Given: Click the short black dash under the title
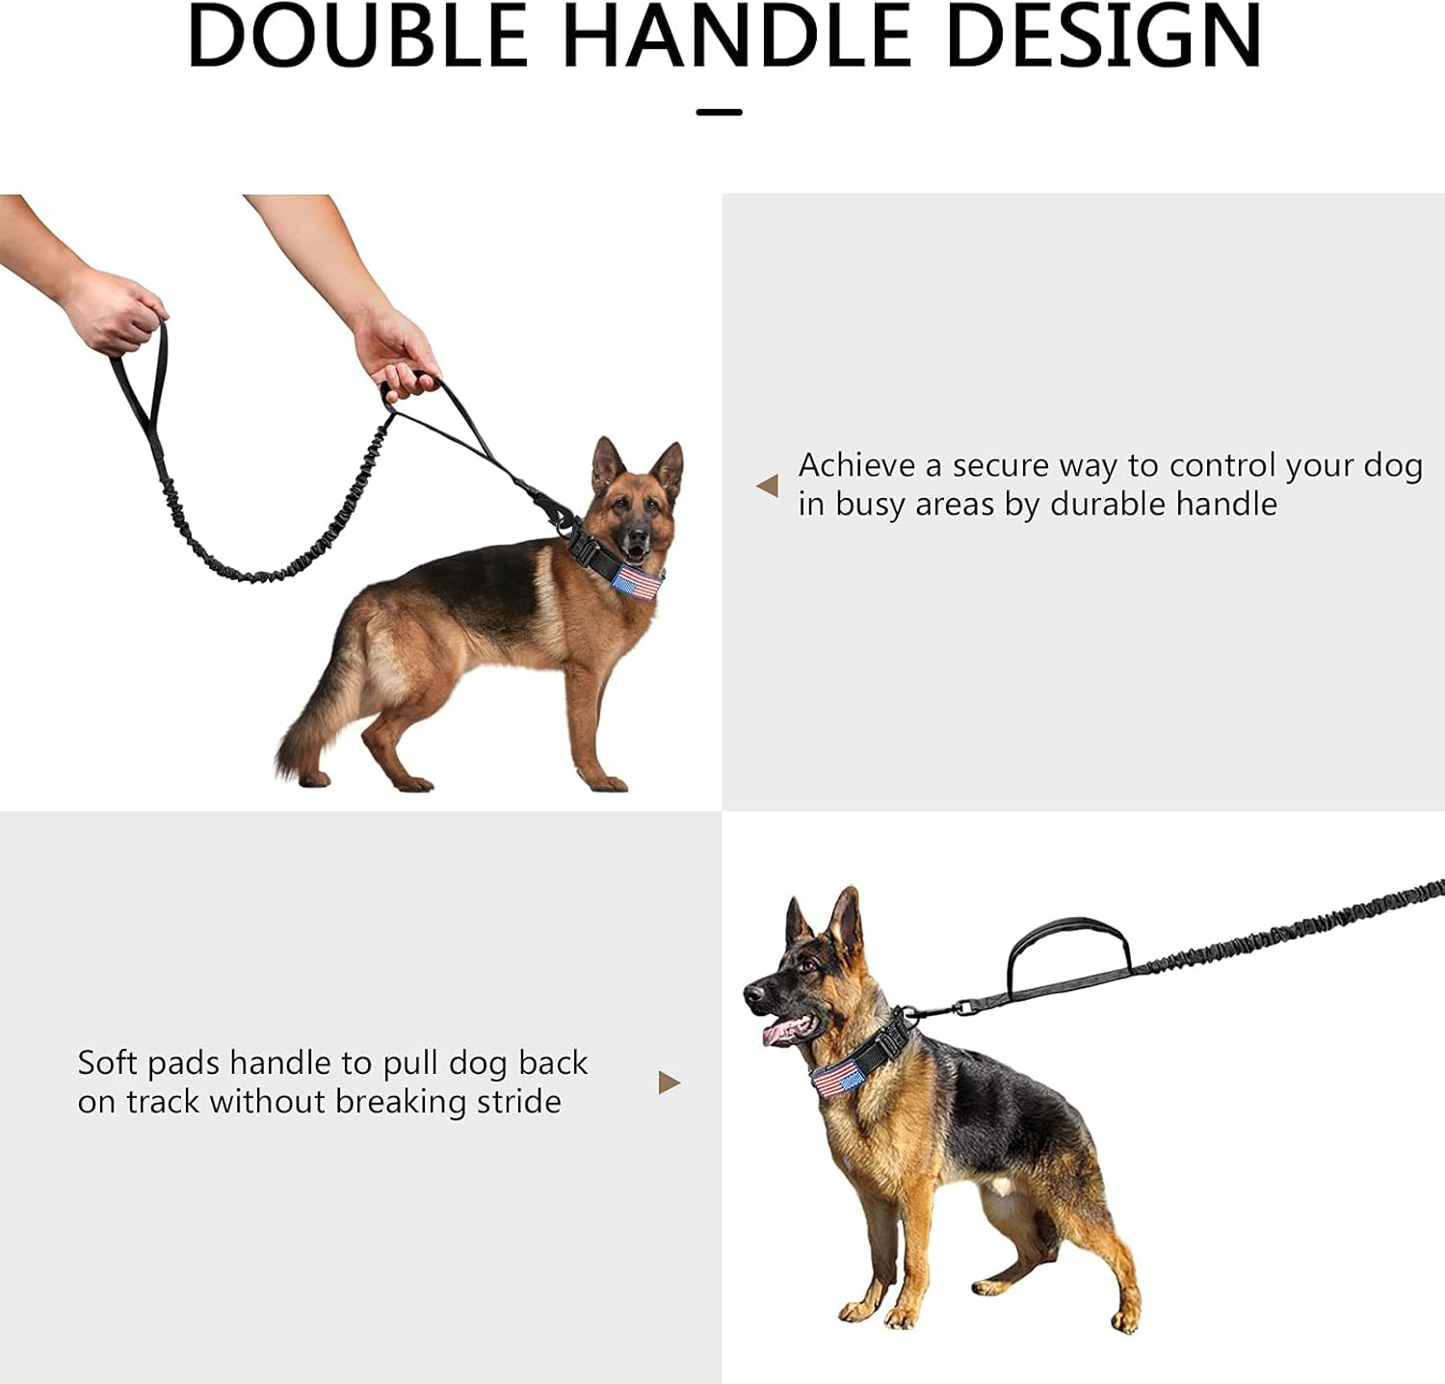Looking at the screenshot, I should click(x=719, y=113).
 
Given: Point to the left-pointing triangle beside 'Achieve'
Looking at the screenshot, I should click(x=768, y=485).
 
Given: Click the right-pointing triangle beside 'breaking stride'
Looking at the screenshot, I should click(x=669, y=1083).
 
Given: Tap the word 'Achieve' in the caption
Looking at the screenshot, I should click(x=856, y=466).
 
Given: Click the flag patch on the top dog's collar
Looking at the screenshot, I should click(x=636, y=582).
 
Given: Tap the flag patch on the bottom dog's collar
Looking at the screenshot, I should click(x=836, y=1078).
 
